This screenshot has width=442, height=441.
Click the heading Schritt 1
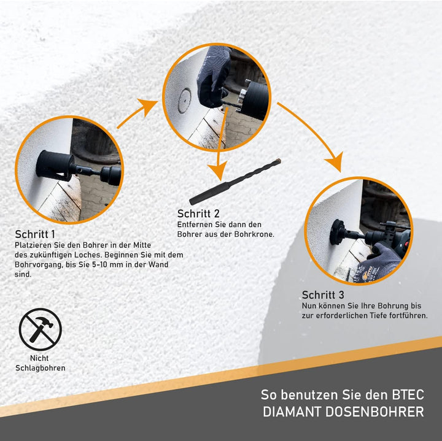click(x=35, y=234)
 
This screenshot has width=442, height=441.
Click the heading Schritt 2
click(x=198, y=213)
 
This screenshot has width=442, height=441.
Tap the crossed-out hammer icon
click(x=40, y=329)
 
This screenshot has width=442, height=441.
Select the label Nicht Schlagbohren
click(x=40, y=363)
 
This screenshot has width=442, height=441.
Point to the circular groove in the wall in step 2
click(x=185, y=100)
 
